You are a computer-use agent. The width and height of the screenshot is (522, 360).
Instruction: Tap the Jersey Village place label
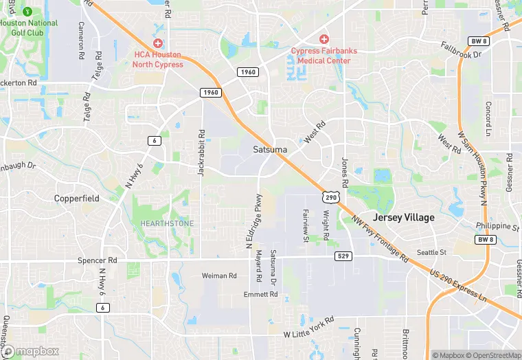(x=404, y=217)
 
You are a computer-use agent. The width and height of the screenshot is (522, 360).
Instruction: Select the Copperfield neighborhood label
(x=77, y=198)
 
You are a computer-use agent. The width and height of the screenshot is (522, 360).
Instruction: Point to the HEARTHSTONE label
(x=167, y=223)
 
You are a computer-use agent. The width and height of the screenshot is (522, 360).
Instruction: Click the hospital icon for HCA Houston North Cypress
(x=158, y=43)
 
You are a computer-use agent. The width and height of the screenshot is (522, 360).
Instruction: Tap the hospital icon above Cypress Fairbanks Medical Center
(x=324, y=40)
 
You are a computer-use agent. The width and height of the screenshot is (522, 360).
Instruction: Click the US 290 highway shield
(x=330, y=197)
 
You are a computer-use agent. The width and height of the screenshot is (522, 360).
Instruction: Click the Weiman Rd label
(x=219, y=275)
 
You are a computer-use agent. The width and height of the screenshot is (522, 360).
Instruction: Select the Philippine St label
(x=497, y=226)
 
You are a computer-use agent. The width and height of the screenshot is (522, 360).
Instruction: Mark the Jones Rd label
(x=345, y=171)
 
